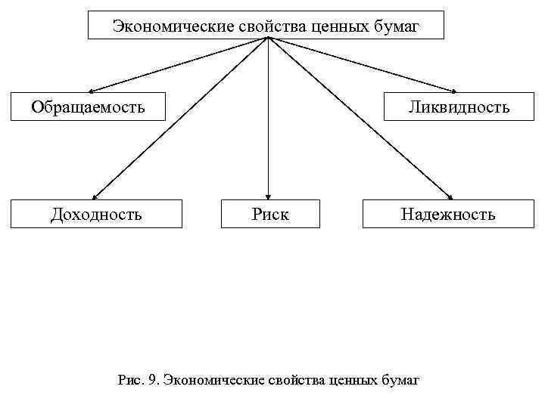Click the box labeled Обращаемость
88,107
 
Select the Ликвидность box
459,107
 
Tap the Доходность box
96,214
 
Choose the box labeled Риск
270,214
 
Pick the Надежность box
448,214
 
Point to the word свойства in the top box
264,26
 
